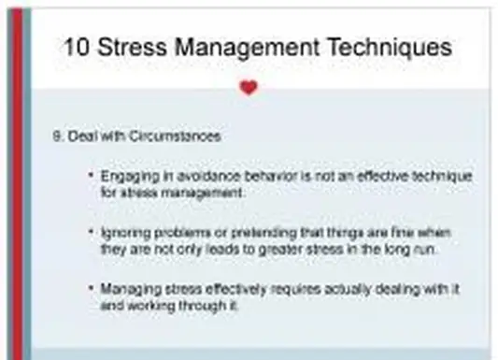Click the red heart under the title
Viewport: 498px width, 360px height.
(x=248, y=88)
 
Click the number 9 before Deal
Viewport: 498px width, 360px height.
(x=57, y=136)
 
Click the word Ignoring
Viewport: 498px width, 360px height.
(x=122, y=231)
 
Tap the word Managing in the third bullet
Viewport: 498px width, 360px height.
(x=126, y=287)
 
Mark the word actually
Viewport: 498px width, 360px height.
(x=317, y=287)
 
